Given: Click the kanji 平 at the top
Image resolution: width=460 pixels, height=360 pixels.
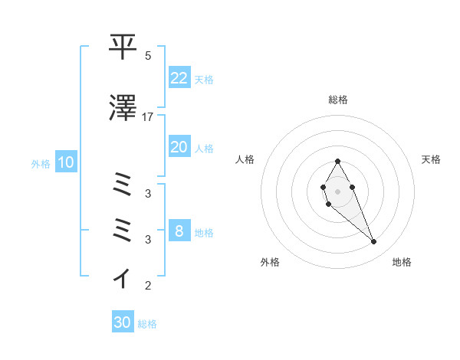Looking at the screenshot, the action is tap(123, 47).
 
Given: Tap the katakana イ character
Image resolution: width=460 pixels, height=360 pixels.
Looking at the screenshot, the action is tap(123, 277).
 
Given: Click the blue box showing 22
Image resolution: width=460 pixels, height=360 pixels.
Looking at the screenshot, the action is tap(179, 78).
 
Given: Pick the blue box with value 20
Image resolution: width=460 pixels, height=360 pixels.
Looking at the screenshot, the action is tap(179, 147).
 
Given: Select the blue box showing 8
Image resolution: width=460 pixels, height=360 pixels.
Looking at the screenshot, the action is tap(179, 231).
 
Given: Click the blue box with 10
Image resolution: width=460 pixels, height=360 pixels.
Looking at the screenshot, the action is tap(66, 162).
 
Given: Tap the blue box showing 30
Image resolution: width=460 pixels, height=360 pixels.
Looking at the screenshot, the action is tap(123, 322).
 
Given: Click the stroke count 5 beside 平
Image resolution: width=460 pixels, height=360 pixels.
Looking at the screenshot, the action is tap(148, 56).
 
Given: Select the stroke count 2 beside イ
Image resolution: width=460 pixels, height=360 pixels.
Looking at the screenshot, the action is tap(148, 286).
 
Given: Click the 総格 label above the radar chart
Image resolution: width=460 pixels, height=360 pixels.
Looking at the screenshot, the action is tap(338, 100).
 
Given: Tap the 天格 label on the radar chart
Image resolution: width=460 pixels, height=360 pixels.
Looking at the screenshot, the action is tap(431, 159).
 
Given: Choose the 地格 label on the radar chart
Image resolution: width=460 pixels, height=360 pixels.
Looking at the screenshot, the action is tap(402, 262).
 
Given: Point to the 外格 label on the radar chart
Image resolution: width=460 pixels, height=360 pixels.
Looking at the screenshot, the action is tap(270, 262).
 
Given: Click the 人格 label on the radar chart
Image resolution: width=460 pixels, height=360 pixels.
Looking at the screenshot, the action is tap(245, 159).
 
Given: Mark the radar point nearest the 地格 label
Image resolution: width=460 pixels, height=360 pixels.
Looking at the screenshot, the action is tap(373, 241).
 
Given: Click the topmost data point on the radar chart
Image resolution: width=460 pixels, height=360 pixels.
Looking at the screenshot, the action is tap(337, 161).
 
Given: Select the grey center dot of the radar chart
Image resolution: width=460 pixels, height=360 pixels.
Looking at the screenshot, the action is tap(337, 190).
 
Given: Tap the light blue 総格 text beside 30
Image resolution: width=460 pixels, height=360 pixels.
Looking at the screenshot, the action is tap(147, 324).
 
